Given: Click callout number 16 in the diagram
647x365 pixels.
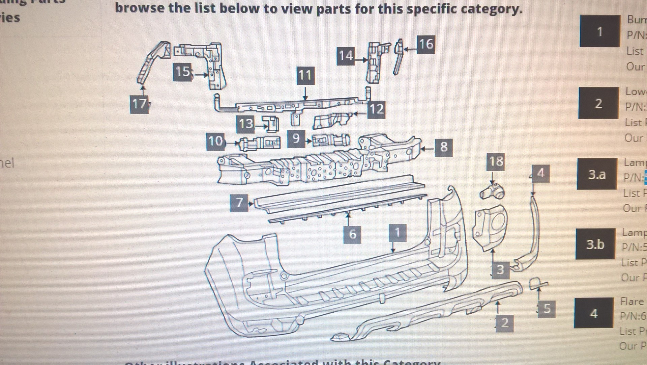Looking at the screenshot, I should [425, 44].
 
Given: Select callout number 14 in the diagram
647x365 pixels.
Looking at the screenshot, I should [346, 56].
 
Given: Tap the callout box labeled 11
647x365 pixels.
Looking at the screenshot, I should [305, 75].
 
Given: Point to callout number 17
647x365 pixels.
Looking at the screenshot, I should [139, 104].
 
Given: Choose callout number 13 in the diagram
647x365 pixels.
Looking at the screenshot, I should [246, 124].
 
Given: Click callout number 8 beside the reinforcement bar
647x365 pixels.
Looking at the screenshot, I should [443, 147].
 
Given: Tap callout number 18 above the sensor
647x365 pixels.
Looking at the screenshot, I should [496, 162].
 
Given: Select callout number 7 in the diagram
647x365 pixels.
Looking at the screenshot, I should [239, 203].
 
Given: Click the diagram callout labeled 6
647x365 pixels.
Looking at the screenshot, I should [352, 234].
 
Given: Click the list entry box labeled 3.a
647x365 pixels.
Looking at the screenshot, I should [597, 174].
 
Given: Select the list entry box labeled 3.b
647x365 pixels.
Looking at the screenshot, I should [595, 244].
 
